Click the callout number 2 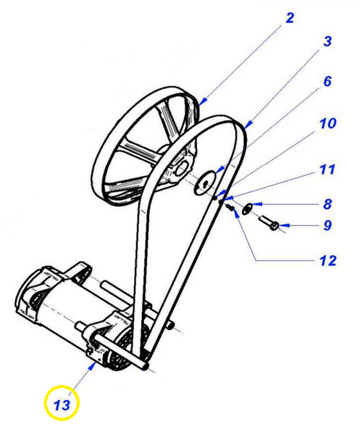coord(289,18)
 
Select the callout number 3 coord(327,41)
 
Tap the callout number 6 coord(327,81)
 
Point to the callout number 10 coord(328,123)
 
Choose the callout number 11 coord(327,169)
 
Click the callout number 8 coord(327,204)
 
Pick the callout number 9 coord(327,225)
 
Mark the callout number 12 coord(328,260)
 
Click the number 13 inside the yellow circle coord(62,405)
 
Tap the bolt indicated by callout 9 coord(269,223)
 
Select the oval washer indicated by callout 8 coord(246,209)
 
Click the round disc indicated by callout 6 coord(205,183)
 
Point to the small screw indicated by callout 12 coord(230,207)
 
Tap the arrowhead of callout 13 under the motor coord(92,365)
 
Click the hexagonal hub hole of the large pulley coord(183,169)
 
